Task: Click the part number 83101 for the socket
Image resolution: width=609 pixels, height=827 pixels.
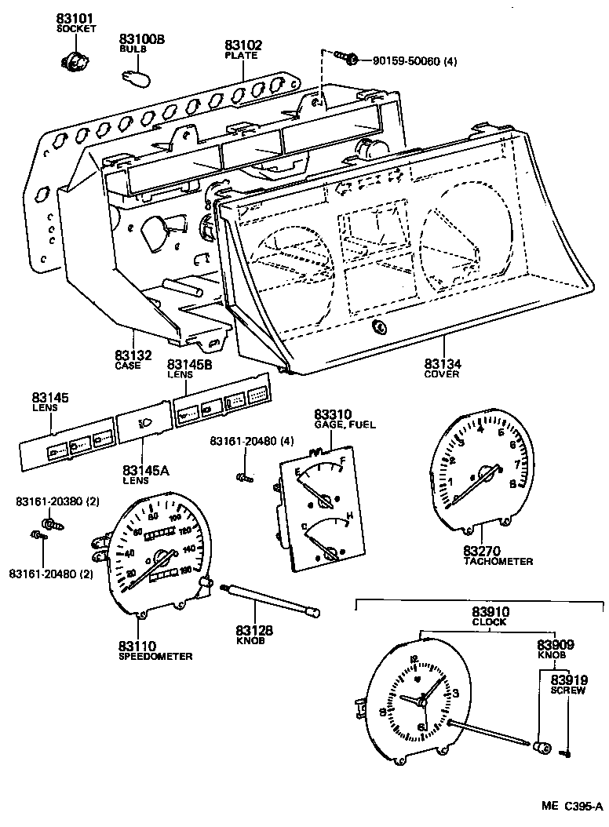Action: [x=75, y=18]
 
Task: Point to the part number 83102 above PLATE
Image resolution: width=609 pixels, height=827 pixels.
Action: [x=243, y=46]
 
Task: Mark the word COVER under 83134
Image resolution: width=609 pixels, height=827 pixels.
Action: [x=442, y=374]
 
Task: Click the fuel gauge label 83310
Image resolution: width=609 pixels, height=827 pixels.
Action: [x=334, y=414]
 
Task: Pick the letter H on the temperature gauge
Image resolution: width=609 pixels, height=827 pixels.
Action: [x=349, y=516]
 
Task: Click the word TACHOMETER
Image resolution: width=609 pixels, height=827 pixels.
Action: [x=498, y=562]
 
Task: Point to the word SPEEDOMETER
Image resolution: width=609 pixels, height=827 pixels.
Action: [x=155, y=656]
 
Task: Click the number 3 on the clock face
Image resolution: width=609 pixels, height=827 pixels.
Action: [x=456, y=693]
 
